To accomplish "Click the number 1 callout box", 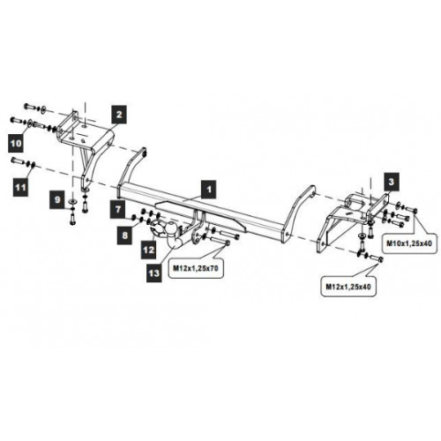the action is [209, 189].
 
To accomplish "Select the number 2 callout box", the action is [119, 115].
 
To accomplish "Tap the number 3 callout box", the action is [391, 182].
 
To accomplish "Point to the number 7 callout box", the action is [118, 209].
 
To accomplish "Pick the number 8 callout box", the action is [125, 235].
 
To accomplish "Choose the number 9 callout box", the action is [57, 199].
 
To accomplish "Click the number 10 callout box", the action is [16, 143].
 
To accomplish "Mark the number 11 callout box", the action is [20, 187].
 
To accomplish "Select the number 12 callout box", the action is [149, 250].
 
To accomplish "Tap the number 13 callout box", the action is [153, 273].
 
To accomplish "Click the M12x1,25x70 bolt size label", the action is [196, 268].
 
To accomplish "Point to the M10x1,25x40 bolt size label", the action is [409, 243].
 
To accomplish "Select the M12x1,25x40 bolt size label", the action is [348, 287].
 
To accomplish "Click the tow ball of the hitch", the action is [171, 228].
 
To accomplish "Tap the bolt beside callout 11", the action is [18, 161].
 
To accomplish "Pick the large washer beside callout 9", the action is [72, 201].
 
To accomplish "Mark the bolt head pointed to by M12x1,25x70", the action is [227, 243].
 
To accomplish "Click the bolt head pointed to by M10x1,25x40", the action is [415, 211].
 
